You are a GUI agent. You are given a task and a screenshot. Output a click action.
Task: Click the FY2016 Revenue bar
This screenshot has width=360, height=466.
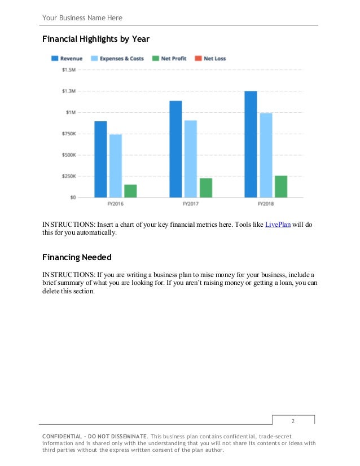100,159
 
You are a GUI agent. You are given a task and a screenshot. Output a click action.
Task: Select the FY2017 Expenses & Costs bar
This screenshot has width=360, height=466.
191,159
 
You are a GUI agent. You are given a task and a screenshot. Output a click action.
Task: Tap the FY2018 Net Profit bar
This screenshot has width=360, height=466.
280,186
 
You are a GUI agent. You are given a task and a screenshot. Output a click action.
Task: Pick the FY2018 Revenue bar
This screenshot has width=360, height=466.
251,144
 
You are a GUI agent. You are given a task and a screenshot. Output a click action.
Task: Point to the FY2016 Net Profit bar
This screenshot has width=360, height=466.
130,191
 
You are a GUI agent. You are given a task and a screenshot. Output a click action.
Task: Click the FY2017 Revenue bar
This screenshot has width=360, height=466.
175,149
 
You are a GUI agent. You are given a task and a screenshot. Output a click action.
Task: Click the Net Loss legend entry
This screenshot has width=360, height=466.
210,59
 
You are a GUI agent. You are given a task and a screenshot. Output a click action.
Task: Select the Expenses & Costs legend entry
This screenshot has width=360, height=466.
117,59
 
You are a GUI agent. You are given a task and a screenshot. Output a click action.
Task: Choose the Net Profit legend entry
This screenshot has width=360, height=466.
169,59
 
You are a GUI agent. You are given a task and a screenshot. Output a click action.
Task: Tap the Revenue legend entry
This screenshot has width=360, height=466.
67,59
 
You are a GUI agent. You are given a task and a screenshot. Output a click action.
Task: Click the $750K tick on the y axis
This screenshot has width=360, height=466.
69,134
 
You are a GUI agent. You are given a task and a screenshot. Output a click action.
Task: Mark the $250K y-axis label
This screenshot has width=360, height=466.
69,176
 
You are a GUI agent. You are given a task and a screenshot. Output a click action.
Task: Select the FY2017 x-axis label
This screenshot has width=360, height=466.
190,203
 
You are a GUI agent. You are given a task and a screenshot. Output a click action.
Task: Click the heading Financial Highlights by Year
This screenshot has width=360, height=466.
96,39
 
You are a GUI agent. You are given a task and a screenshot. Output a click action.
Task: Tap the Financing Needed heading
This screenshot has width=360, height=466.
77,257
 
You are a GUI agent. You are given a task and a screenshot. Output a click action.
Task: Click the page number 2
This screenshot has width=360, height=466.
293,421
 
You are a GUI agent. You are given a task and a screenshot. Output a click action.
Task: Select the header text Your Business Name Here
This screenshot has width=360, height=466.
82,18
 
